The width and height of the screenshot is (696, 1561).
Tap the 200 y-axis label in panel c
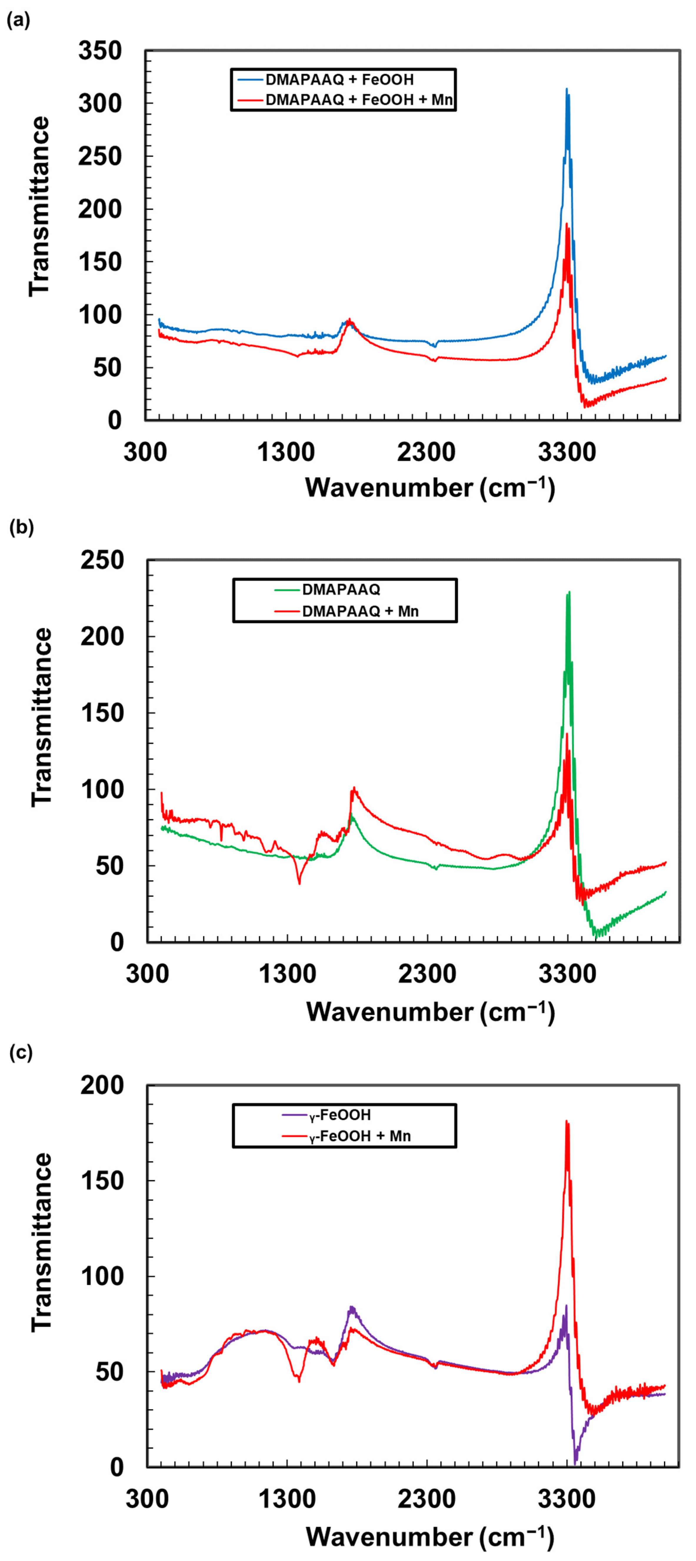[x=102, y=1085]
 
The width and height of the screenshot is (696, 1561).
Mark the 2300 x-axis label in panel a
[x=426, y=452]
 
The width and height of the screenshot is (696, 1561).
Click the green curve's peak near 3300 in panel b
[x=569, y=593]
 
